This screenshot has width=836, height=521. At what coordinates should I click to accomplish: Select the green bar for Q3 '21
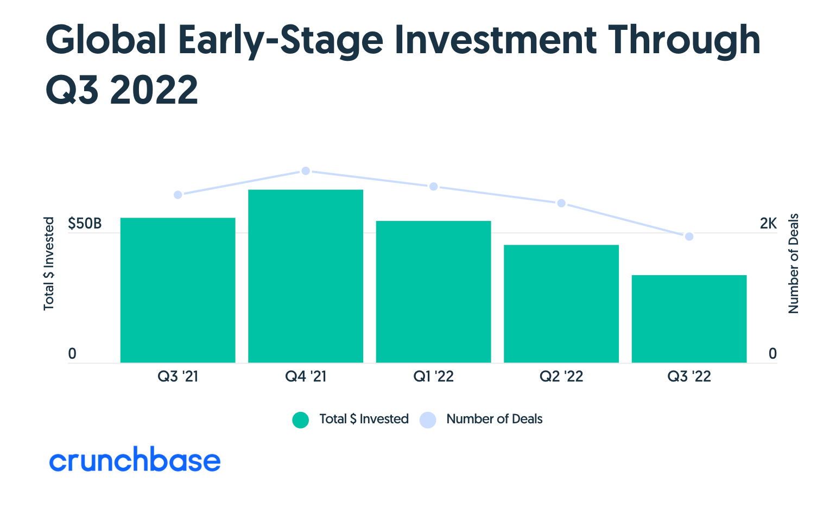click(x=178, y=290)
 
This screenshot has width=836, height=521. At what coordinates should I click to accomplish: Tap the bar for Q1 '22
click(x=433, y=291)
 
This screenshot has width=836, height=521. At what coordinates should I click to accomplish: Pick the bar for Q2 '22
click(x=561, y=303)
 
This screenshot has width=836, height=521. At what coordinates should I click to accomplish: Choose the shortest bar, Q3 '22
click(x=689, y=319)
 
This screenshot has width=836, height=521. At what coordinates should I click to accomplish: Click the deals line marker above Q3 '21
click(x=178, y=195)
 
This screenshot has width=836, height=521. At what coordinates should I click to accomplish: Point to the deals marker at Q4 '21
click(x=306, y=171)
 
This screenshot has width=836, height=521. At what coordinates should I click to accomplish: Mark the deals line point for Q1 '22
click(x=433, y=187)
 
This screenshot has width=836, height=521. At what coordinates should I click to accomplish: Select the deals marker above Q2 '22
click(x=561, y=203)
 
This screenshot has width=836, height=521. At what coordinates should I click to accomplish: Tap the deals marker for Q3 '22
click(x=689, y=237)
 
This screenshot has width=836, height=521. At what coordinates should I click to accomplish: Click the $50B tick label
click(x=85, y=224)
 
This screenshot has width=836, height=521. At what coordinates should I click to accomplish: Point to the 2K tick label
click(x=768, y=224)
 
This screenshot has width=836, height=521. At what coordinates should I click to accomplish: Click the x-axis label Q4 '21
click(x=306, y=377)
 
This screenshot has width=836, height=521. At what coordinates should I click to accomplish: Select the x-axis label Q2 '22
click(x=561, y=377)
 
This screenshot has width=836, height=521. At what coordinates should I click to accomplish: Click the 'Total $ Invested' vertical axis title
click(x=49, y=264)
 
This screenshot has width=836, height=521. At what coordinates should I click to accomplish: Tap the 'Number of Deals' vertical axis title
click(x=794, y=264)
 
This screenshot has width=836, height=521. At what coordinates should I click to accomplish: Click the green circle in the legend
click(x=300, y=420)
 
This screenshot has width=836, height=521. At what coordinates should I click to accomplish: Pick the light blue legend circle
click(x=428, y=420)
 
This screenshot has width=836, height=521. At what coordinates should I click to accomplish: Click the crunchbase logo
click(x=135, y=460)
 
